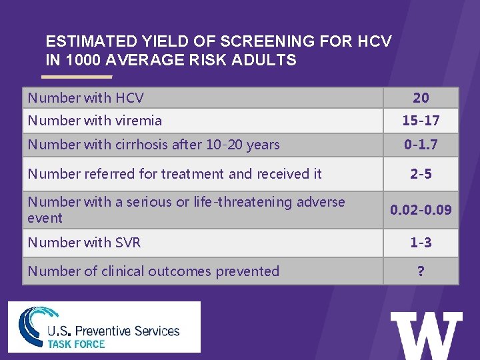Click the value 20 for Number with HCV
(x=421, y=98)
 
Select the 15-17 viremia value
(x=421, y=121)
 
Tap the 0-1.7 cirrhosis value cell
(x=421, y=145)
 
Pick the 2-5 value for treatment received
(x=421, y=174)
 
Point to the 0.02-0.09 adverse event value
(x=421, y=210)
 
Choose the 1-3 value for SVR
(x=421, y=243)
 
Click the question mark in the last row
(x=421, y=271)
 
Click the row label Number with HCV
(x=85, y=98)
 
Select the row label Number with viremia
(x=94, y=121)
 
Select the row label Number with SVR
(x=84, y=243)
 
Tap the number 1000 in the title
(x=81, y=60)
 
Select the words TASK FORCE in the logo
(x=76, y=344)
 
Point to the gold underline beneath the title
(x=79, y=77)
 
